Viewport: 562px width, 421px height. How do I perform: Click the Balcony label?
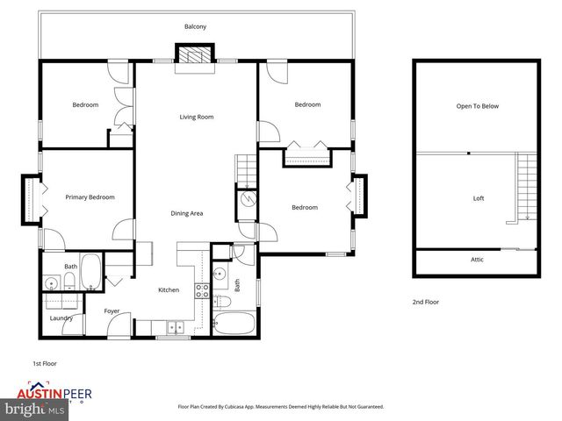[x=196, y=27]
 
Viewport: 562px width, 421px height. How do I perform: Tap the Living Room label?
[x=197, y=117]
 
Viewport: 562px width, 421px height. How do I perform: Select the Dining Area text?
[x=187, y=213]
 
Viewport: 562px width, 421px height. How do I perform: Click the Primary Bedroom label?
[x=90, y=197]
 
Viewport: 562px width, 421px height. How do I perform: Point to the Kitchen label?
[x=168, y=290]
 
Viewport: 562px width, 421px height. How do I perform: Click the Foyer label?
[x=112, y=310]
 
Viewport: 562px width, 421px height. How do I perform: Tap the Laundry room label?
[x=61, y=318]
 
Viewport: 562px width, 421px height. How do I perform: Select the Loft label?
[x=479, y=198]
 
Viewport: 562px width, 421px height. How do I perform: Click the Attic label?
[x=477, y=259]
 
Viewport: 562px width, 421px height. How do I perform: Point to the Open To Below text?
[x=477, y=106]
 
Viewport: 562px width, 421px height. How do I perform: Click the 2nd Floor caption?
[x=426, y=302]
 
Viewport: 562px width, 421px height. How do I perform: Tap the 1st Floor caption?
[x=44, y=362]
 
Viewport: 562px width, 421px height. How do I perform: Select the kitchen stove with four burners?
[x=201, y=292]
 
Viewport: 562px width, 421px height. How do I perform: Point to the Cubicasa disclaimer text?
[x=280, y=407]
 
